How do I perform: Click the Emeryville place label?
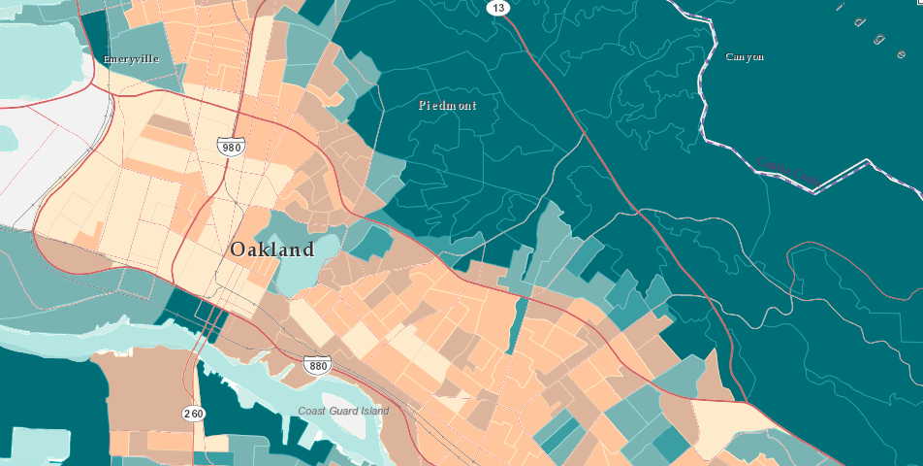coord(130,59)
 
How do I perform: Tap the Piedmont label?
coord(447,105)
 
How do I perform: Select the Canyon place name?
coord(745,57)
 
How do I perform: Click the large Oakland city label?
coord(272,250)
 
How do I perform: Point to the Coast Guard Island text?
coord(343,412)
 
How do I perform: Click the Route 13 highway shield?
coord(497,8)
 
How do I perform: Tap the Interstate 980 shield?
coord(230,147)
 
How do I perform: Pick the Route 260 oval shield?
coord(194,414)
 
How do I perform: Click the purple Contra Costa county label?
coord(787,171)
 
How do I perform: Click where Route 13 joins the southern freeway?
coord(745,401)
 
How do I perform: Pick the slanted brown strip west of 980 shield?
coord(169,126)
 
